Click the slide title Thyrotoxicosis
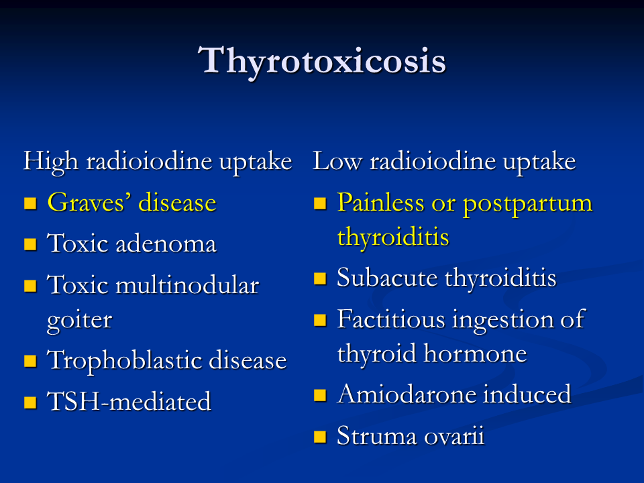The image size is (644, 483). tap(322, 61)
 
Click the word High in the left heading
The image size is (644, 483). tap(50, 162)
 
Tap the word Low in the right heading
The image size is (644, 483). tap(337, 160)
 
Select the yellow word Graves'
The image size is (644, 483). tap(89, 203)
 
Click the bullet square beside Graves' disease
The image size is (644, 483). tap(30, 203)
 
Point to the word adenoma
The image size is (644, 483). tap(166, 244)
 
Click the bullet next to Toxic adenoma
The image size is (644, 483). tap(30, 244)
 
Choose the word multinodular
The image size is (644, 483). tap(187, 284)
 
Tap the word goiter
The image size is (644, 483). tap(80, 321)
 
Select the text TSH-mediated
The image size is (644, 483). tap(129, 401)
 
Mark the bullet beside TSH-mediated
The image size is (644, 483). tap(30, 402)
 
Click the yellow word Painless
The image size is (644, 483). tap(380, 202)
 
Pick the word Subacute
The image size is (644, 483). tap(387, 278)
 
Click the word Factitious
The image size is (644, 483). tap(391, 319)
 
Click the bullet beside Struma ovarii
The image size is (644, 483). tap(320, 437)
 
